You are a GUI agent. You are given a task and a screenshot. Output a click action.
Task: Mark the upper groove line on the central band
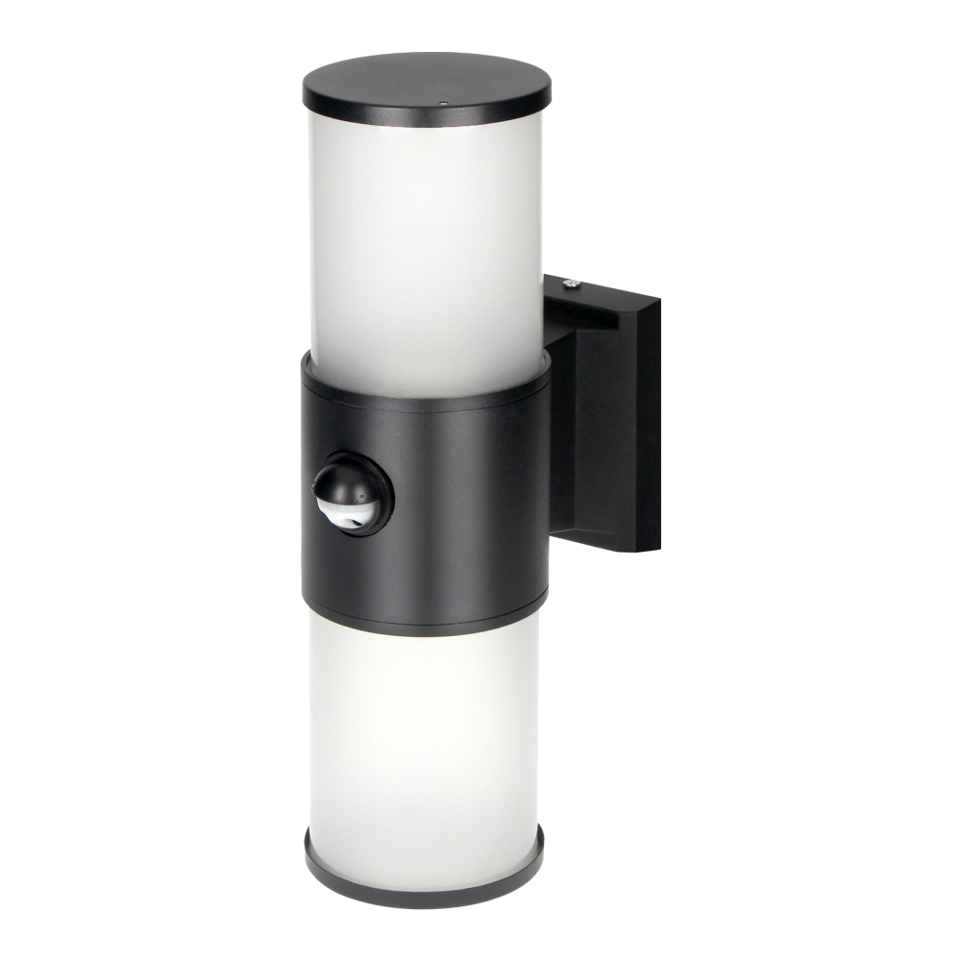pos(423,402)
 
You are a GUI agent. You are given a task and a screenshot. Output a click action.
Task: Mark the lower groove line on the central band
pos(423,601)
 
